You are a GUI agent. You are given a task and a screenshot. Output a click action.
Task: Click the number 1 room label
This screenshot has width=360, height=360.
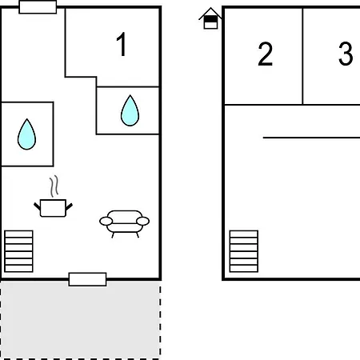tap(122, 44)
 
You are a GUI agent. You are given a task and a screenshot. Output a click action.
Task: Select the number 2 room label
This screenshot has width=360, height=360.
tap(266, 54)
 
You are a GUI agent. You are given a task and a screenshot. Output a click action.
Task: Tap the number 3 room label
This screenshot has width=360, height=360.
tap(346, 54)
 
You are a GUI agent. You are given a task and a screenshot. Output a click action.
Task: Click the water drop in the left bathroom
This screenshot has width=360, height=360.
tap(26, 134)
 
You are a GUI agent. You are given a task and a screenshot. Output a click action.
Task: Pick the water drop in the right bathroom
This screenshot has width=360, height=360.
tap(130, 110)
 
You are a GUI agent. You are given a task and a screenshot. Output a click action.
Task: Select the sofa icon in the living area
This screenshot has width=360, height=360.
tap(125, 223)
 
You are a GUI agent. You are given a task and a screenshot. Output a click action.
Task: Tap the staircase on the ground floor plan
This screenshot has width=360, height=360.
tap(18, 251)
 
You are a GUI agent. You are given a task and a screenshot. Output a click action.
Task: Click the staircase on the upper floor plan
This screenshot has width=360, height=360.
tap(244, 251)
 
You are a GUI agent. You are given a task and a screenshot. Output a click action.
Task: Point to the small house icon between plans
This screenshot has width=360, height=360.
tap(210, 18)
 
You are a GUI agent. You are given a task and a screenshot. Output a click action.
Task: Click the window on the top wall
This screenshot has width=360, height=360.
tap(38, 7)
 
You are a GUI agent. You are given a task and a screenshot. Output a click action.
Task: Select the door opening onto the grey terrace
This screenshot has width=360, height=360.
tap(87, 279)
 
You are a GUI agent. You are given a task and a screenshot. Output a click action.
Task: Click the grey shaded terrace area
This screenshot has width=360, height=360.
tap(80, 320)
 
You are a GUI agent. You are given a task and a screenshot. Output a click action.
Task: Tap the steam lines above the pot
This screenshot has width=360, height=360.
tap(54, 186)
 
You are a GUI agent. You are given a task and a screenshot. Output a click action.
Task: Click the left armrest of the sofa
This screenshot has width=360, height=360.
tap(106, 221)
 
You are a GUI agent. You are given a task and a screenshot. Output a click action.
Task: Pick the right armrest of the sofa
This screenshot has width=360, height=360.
tap(142, 221)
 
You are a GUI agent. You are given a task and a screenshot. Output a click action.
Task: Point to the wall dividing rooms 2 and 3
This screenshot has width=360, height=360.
tap(302, 56)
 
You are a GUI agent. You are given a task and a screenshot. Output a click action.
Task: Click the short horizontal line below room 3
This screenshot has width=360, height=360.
tap(311, 138)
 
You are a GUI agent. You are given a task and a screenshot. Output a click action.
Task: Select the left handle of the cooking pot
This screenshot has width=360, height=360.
tap(37, 206)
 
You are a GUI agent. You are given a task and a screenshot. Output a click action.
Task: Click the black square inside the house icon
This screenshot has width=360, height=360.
tap(210, 19)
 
